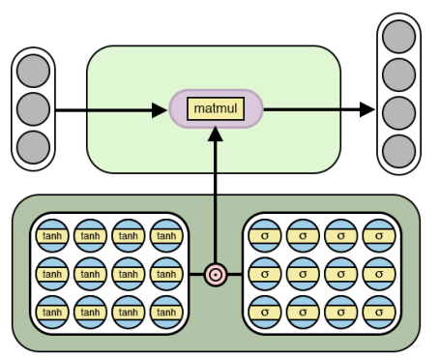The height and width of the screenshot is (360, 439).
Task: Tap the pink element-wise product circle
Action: (x=216, y=274)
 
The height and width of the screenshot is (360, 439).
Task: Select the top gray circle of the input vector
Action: (x=33, y=72)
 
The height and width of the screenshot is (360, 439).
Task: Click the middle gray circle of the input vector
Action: (x=33, y=109)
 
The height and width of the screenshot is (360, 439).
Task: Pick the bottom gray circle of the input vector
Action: (x=33, y=147)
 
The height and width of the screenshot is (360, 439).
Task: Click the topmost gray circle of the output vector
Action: (x=398, y=36)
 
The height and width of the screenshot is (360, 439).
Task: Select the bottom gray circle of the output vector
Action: (x=398, y=150)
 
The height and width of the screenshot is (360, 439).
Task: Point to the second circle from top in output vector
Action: (x=398, y=74)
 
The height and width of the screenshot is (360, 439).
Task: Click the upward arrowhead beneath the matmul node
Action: (x=216, y=136)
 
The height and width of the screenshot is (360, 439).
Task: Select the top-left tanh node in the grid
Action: (x=51, y=235)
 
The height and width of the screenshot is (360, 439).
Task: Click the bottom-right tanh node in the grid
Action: (x=167, y=313)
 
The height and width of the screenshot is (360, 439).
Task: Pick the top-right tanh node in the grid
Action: (x=167, y=235)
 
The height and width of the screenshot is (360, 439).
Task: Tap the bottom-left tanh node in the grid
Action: (x=51, y=313)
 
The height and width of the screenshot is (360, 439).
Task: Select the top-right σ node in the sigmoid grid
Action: (x=380, y=235)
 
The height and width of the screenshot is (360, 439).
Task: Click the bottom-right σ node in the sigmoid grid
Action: (x=380, y=313)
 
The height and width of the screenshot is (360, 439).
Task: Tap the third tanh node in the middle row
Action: (x=129, y=274)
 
